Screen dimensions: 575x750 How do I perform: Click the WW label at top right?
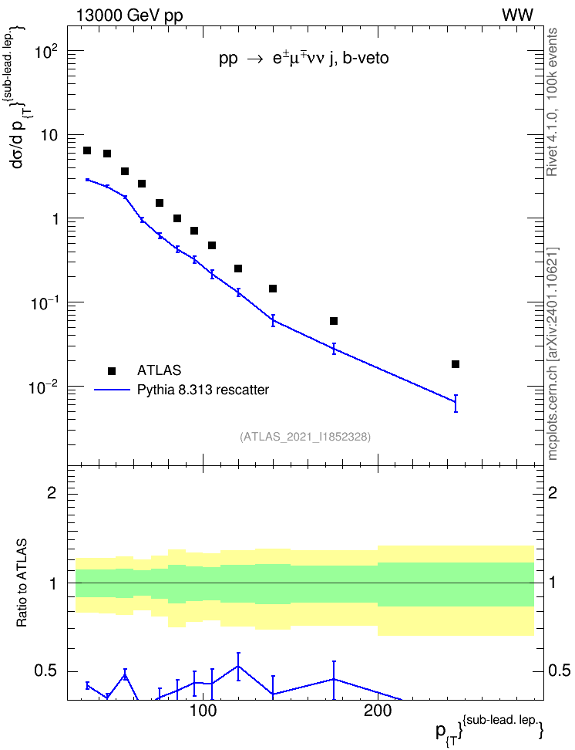517,15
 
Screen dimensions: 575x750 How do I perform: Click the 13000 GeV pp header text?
129,15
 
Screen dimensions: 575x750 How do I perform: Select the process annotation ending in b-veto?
304,59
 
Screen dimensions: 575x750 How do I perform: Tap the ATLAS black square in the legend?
112,370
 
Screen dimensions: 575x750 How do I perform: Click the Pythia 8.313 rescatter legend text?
203,390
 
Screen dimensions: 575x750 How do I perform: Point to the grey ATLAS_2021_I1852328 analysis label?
305,437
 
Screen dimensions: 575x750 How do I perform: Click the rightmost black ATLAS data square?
456,364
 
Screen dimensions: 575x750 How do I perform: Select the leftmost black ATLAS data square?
87,150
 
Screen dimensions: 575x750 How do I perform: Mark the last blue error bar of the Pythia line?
456,404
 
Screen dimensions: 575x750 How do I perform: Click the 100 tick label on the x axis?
203,711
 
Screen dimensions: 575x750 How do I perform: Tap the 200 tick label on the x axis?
378,711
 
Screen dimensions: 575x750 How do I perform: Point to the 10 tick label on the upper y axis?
49,135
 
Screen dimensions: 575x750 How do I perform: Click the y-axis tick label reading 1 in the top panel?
55,219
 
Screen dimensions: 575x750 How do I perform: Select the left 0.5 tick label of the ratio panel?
47,671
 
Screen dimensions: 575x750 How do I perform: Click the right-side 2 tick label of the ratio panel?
553,492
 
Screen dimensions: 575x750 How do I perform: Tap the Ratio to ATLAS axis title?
22,583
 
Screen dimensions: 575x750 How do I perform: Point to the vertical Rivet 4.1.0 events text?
553,102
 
